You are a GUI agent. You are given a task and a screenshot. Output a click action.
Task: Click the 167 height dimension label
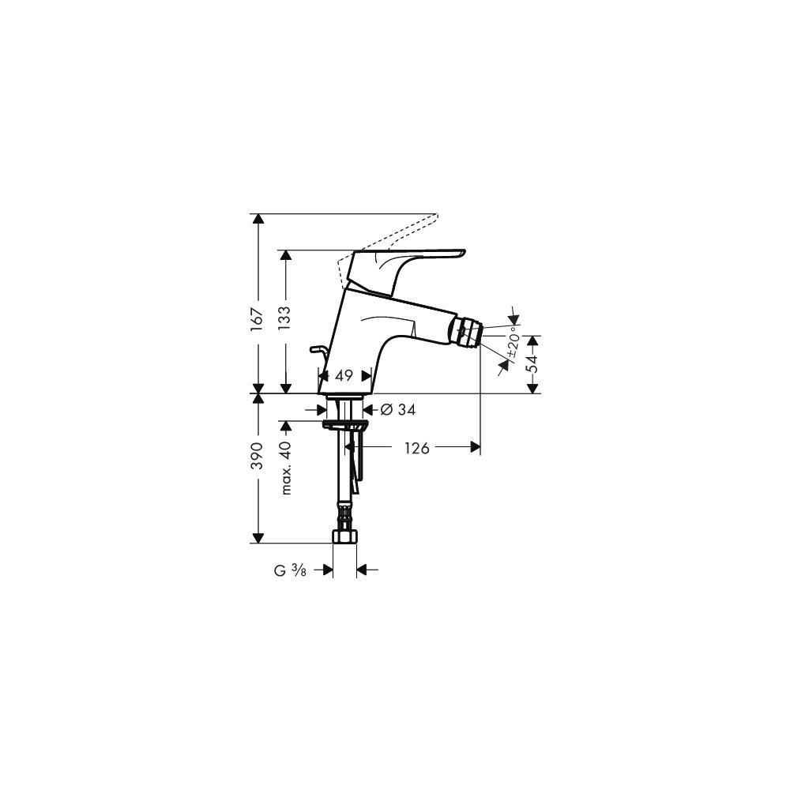click(x=258, y=319)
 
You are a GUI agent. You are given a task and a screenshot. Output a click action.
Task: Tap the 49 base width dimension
click(x=344, y=375)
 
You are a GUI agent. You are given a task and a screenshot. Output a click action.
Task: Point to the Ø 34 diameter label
click(x=398, y=409)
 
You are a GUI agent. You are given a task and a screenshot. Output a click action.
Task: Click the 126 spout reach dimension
click(x=417, y=447)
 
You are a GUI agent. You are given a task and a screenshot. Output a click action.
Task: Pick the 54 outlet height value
click(x=532, y=363)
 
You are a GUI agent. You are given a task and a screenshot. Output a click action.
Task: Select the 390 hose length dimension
click(x=258, y=456)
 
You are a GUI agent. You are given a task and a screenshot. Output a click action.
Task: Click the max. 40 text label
click(x=286, y=468)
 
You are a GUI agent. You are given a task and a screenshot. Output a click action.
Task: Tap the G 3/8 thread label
click(x=290, y=570)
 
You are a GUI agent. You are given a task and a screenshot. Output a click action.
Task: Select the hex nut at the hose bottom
click(x=344, y=536)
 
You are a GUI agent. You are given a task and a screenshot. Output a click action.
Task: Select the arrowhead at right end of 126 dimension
click(x=475, y=447)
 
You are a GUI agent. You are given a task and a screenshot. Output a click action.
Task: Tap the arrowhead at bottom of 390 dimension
click(x=258, y=537)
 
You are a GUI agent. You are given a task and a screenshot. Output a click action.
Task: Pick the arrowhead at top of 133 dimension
click(x=285, y=255)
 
